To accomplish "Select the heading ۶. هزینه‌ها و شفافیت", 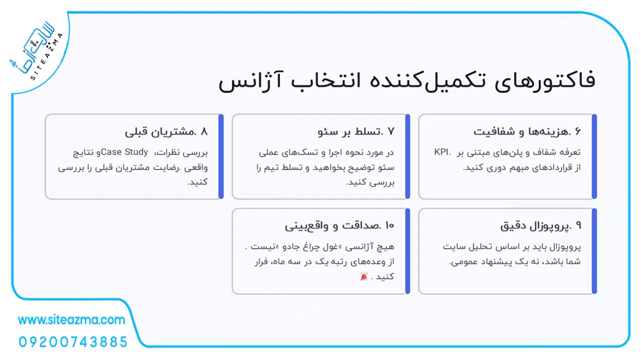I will point(527,131).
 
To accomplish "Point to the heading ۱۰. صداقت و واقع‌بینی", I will point(339,225).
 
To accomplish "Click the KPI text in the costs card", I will point(441,152).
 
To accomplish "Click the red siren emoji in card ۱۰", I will point(364,277).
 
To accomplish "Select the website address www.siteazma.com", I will point(71,320).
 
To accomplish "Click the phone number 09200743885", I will point(73,342).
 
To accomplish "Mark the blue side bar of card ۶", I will point(594,156).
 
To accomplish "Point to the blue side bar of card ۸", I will point(221,156).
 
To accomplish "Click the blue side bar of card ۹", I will point(594,250).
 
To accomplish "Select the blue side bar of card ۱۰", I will point(408,250).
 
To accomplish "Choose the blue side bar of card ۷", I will point(408,156).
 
